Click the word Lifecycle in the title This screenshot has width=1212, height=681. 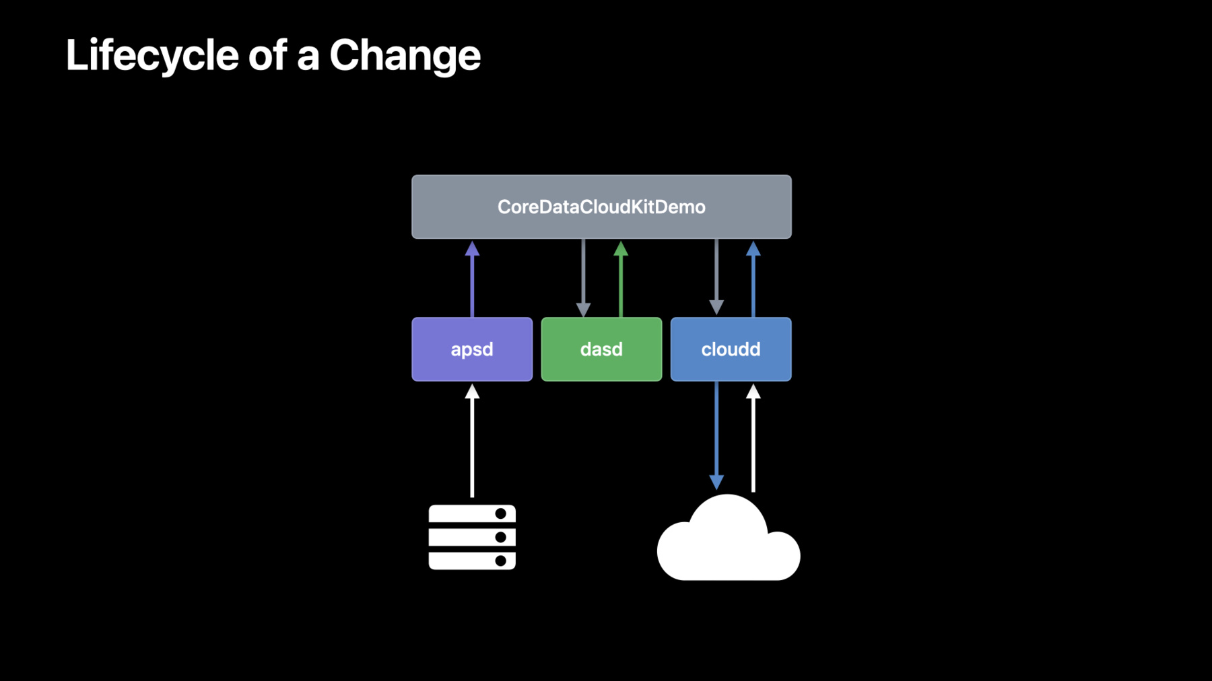152,55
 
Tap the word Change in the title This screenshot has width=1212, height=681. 405,55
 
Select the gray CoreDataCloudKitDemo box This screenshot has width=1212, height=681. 601,207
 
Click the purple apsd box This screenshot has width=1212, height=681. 472,349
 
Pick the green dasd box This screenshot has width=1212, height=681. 601,349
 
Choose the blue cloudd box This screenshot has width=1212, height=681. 731,349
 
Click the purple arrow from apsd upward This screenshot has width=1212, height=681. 472,279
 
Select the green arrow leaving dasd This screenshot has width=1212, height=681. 621,279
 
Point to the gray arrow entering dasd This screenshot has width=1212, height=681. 583,277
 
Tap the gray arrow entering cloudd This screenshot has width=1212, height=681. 716,277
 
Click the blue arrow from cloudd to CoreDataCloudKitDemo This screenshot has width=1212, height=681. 753,279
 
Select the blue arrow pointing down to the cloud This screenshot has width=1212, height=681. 716,435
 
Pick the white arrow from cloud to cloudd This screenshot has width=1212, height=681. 753,438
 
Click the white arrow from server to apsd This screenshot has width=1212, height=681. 472,441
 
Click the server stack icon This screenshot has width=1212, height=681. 472,537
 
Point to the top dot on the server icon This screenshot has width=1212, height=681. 500,514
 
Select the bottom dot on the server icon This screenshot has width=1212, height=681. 500,561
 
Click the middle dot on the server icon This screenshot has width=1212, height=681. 500,537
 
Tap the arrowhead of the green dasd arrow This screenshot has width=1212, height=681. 621,249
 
